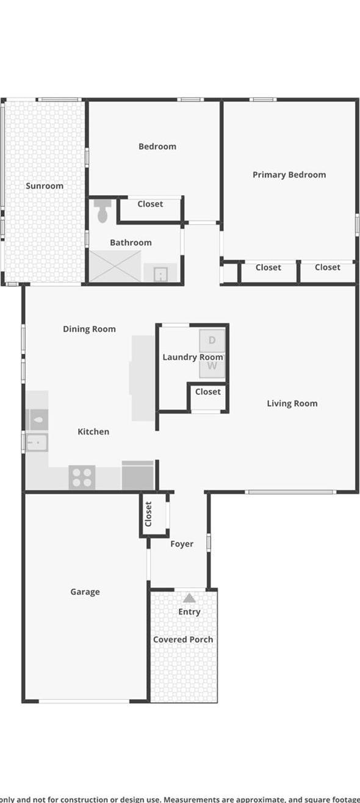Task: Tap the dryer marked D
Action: [x=212, y=340]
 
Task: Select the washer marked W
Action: [x=212, y=366]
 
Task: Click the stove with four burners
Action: [x=82, y=477]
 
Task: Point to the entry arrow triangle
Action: [x=190, y=598]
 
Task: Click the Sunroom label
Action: [x=45, y=186]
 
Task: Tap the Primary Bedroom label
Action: [x=289, y=175]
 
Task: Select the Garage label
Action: [x=85, y=592]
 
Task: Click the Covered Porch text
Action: [x=183, y=639]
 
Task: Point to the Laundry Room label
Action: [x=192, y=357]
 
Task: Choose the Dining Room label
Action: [x=89, y=329]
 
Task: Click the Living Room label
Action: [x=292, y=403]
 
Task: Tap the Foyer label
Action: [x=182, y=544]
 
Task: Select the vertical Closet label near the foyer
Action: [x=148, y=514]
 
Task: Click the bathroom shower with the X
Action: [x=115, y=267]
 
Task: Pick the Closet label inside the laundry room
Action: [x=207, y=392]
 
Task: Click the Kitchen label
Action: [x=93, y=431]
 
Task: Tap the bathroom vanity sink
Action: [x=160, y=273]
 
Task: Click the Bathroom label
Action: [x=131, y=242]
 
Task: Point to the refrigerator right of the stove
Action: [x=138, y=475]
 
